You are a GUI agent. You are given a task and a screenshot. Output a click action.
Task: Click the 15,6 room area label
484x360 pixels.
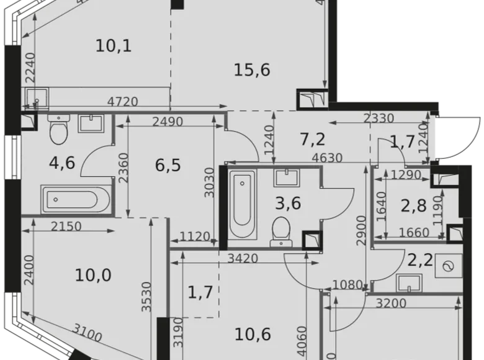[x=252, y=70]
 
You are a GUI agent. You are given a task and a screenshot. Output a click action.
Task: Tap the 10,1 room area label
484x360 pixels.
[x=114, y=45]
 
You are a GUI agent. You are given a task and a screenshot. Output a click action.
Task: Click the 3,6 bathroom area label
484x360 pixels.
[x=288, y=203]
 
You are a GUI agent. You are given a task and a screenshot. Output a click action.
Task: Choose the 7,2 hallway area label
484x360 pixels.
[x=313, y=139]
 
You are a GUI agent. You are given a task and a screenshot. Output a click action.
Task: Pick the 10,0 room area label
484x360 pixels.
[x=93, y=274]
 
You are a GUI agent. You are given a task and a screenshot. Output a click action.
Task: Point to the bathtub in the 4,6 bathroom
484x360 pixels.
[x=75, y=200]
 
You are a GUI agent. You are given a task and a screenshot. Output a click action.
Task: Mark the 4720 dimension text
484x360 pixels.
[x=122, y=102]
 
